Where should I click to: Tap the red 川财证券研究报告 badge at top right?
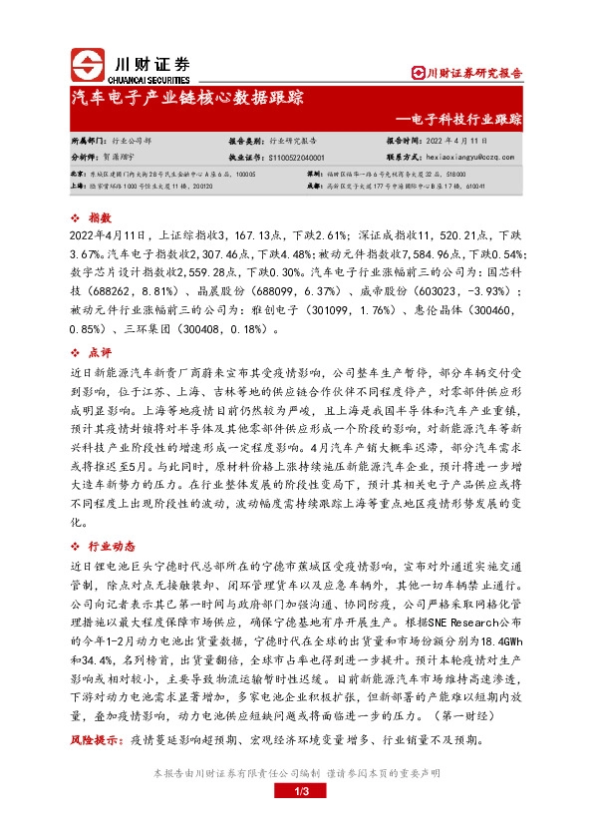tap(467, 72)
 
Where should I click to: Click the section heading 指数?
tap(99, 216)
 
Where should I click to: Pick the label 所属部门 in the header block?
tap(89, 142)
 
